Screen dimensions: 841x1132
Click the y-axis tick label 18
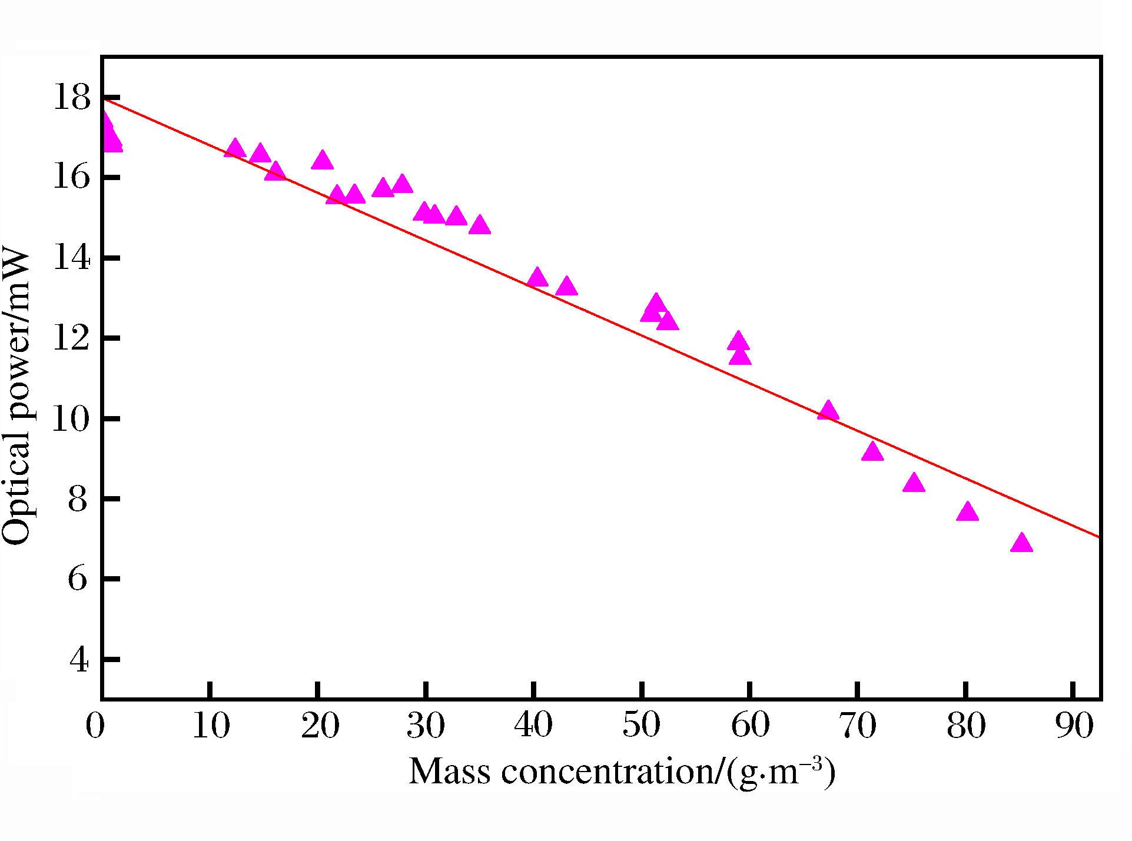tap(72, 97)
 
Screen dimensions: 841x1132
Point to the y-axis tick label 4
tap(79, 660)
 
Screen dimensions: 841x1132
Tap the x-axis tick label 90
tap(1074, 725)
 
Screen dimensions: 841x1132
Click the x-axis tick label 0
tap(95, 725)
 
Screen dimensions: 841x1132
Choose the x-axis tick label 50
tap(641, 725)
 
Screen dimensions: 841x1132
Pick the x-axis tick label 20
tap(320, 725)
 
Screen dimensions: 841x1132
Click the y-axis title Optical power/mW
tap(16, 397)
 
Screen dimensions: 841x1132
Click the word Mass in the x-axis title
tap(450, 772)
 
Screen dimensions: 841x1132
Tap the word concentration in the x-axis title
tap(608, 772)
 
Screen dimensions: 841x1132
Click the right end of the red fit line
tap(1098, 537)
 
